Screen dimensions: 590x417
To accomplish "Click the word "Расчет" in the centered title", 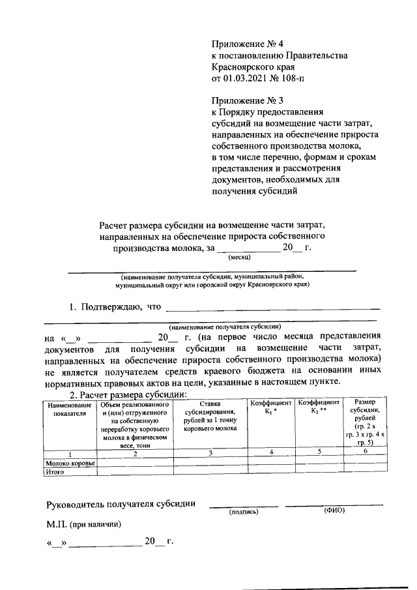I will click(115, 225).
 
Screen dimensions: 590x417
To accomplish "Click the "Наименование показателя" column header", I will click(70, 409).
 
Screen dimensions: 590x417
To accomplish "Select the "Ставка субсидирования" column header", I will click(210, 416).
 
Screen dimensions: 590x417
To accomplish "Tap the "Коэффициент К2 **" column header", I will click(319, 409).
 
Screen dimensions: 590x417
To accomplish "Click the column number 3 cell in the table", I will click(210, 454).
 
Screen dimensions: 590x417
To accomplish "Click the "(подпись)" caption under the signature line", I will click(244, 512).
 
